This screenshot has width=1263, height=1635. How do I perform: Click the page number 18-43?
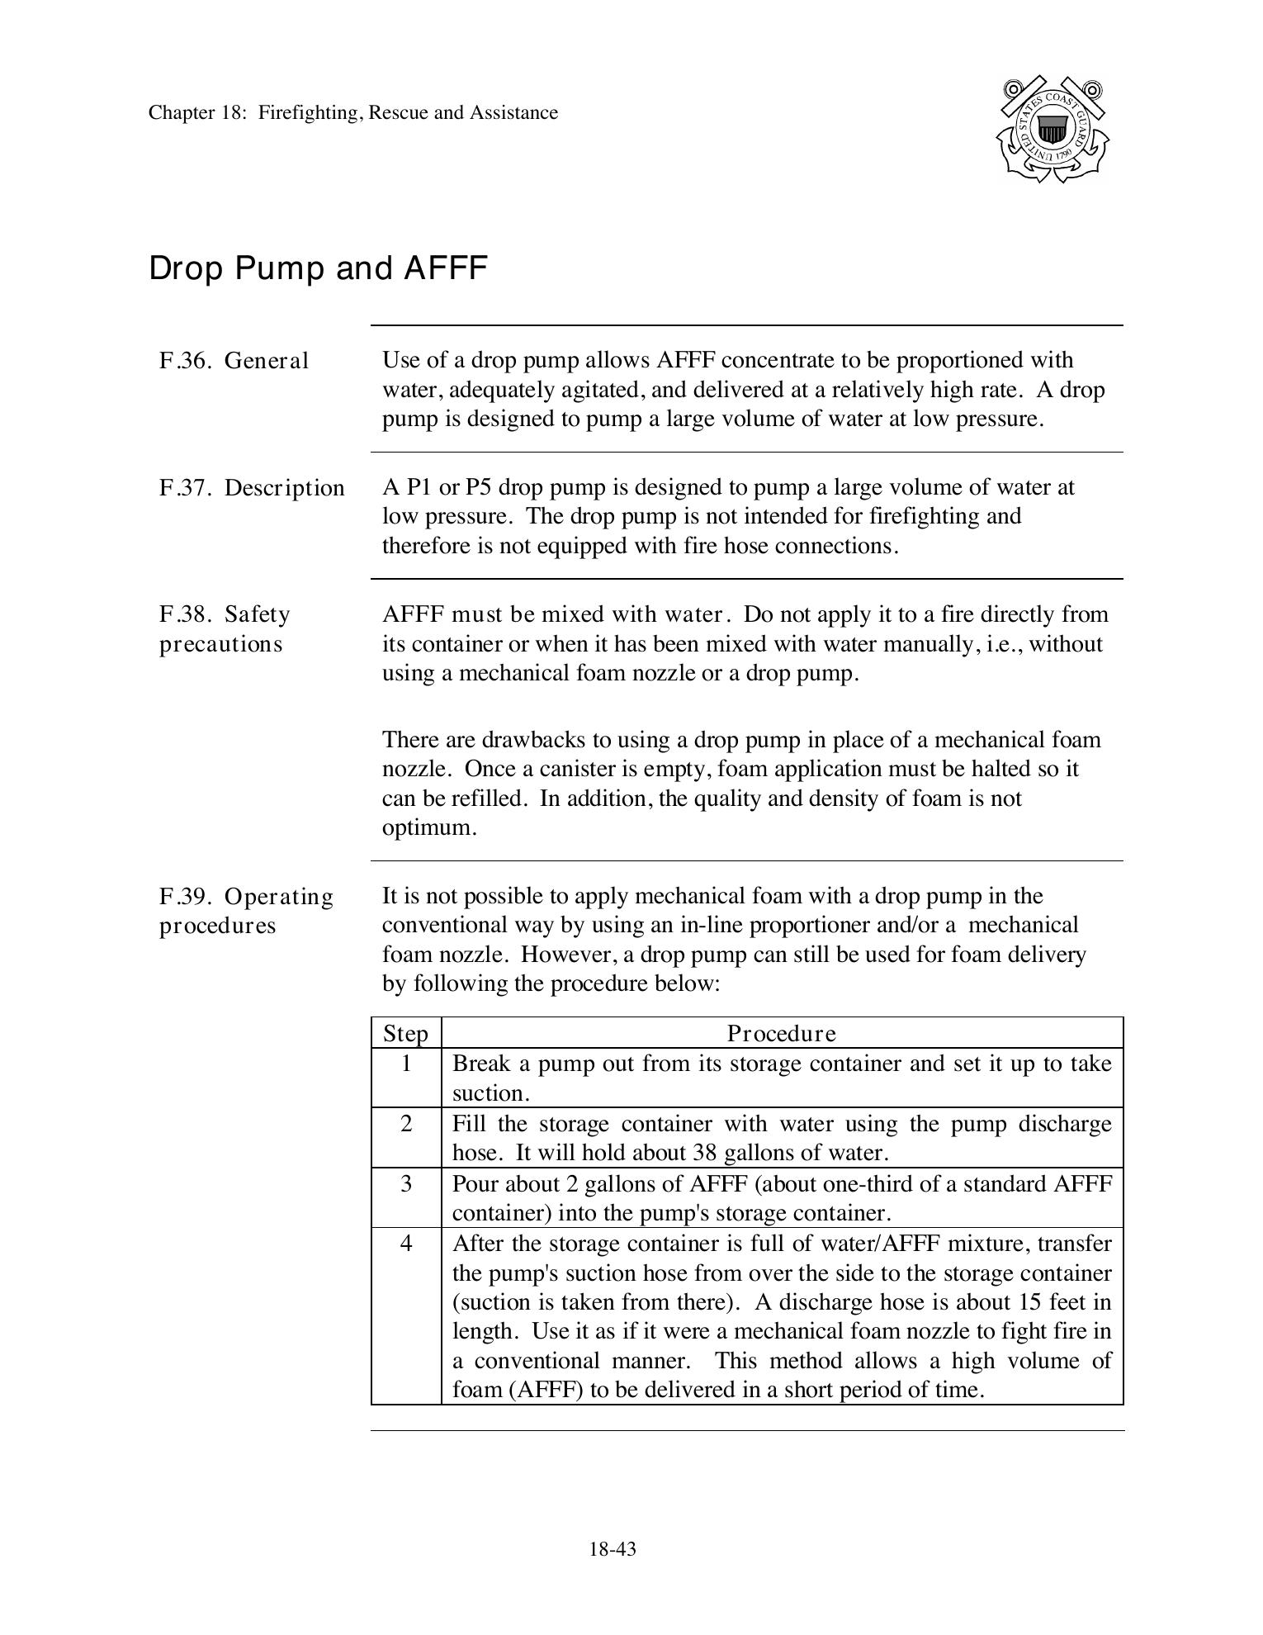pyautogui.click(x=613, y=1549)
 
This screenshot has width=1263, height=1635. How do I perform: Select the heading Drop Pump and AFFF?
pyautogui.click(x=318, y=268)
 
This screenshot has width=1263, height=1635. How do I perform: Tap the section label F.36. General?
pyautogui.click(x=234, y=361)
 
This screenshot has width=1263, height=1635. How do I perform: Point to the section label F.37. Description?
pyautogui.click(x=252, y=488)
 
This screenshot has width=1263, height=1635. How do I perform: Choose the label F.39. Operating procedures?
pyautogui.click(x=246, y=911)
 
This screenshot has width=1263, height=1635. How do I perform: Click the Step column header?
pyautogui.click(x=405, y=1034)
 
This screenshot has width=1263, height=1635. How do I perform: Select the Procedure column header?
pyautogui.click(x=781, y=1034)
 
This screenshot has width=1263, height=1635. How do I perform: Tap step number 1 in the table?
pyautogui.click(x=405, y=1064)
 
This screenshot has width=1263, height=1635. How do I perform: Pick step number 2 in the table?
pyautogui.click(x=405, y=1124)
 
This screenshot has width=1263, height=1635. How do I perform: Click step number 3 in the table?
pyautogui.click(x=405, y=1184)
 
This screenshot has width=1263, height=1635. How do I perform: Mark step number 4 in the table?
pyautogui.click(x=405, y=1244)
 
